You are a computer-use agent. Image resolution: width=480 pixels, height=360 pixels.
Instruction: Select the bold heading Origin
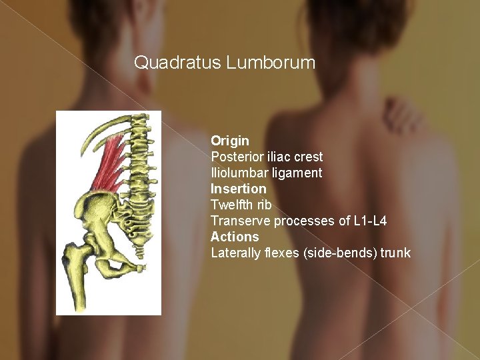pyautogui.click(x=230, y=141)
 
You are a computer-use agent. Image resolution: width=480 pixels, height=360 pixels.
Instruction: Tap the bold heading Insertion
pyautogui.click(x=238, y=189)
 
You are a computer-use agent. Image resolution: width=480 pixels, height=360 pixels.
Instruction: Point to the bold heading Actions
pyautogui.click(x=235, y=237)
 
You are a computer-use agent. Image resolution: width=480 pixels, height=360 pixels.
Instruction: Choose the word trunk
pyautogui.click(x=396, y=253)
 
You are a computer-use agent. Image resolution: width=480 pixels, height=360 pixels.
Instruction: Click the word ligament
pyautogui.click(x=298, y=173)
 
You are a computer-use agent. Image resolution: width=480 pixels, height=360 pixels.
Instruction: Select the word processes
pyautogui.click(x=298, y=221)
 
